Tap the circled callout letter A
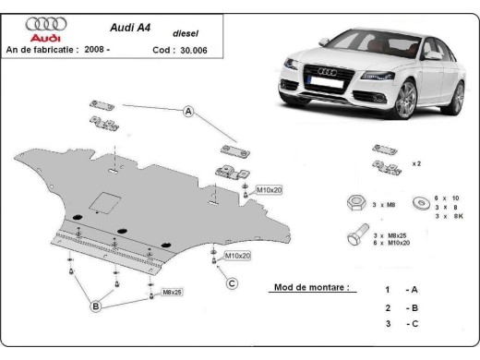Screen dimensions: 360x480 coord(187,112)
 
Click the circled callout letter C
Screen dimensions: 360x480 coord(233,282)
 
